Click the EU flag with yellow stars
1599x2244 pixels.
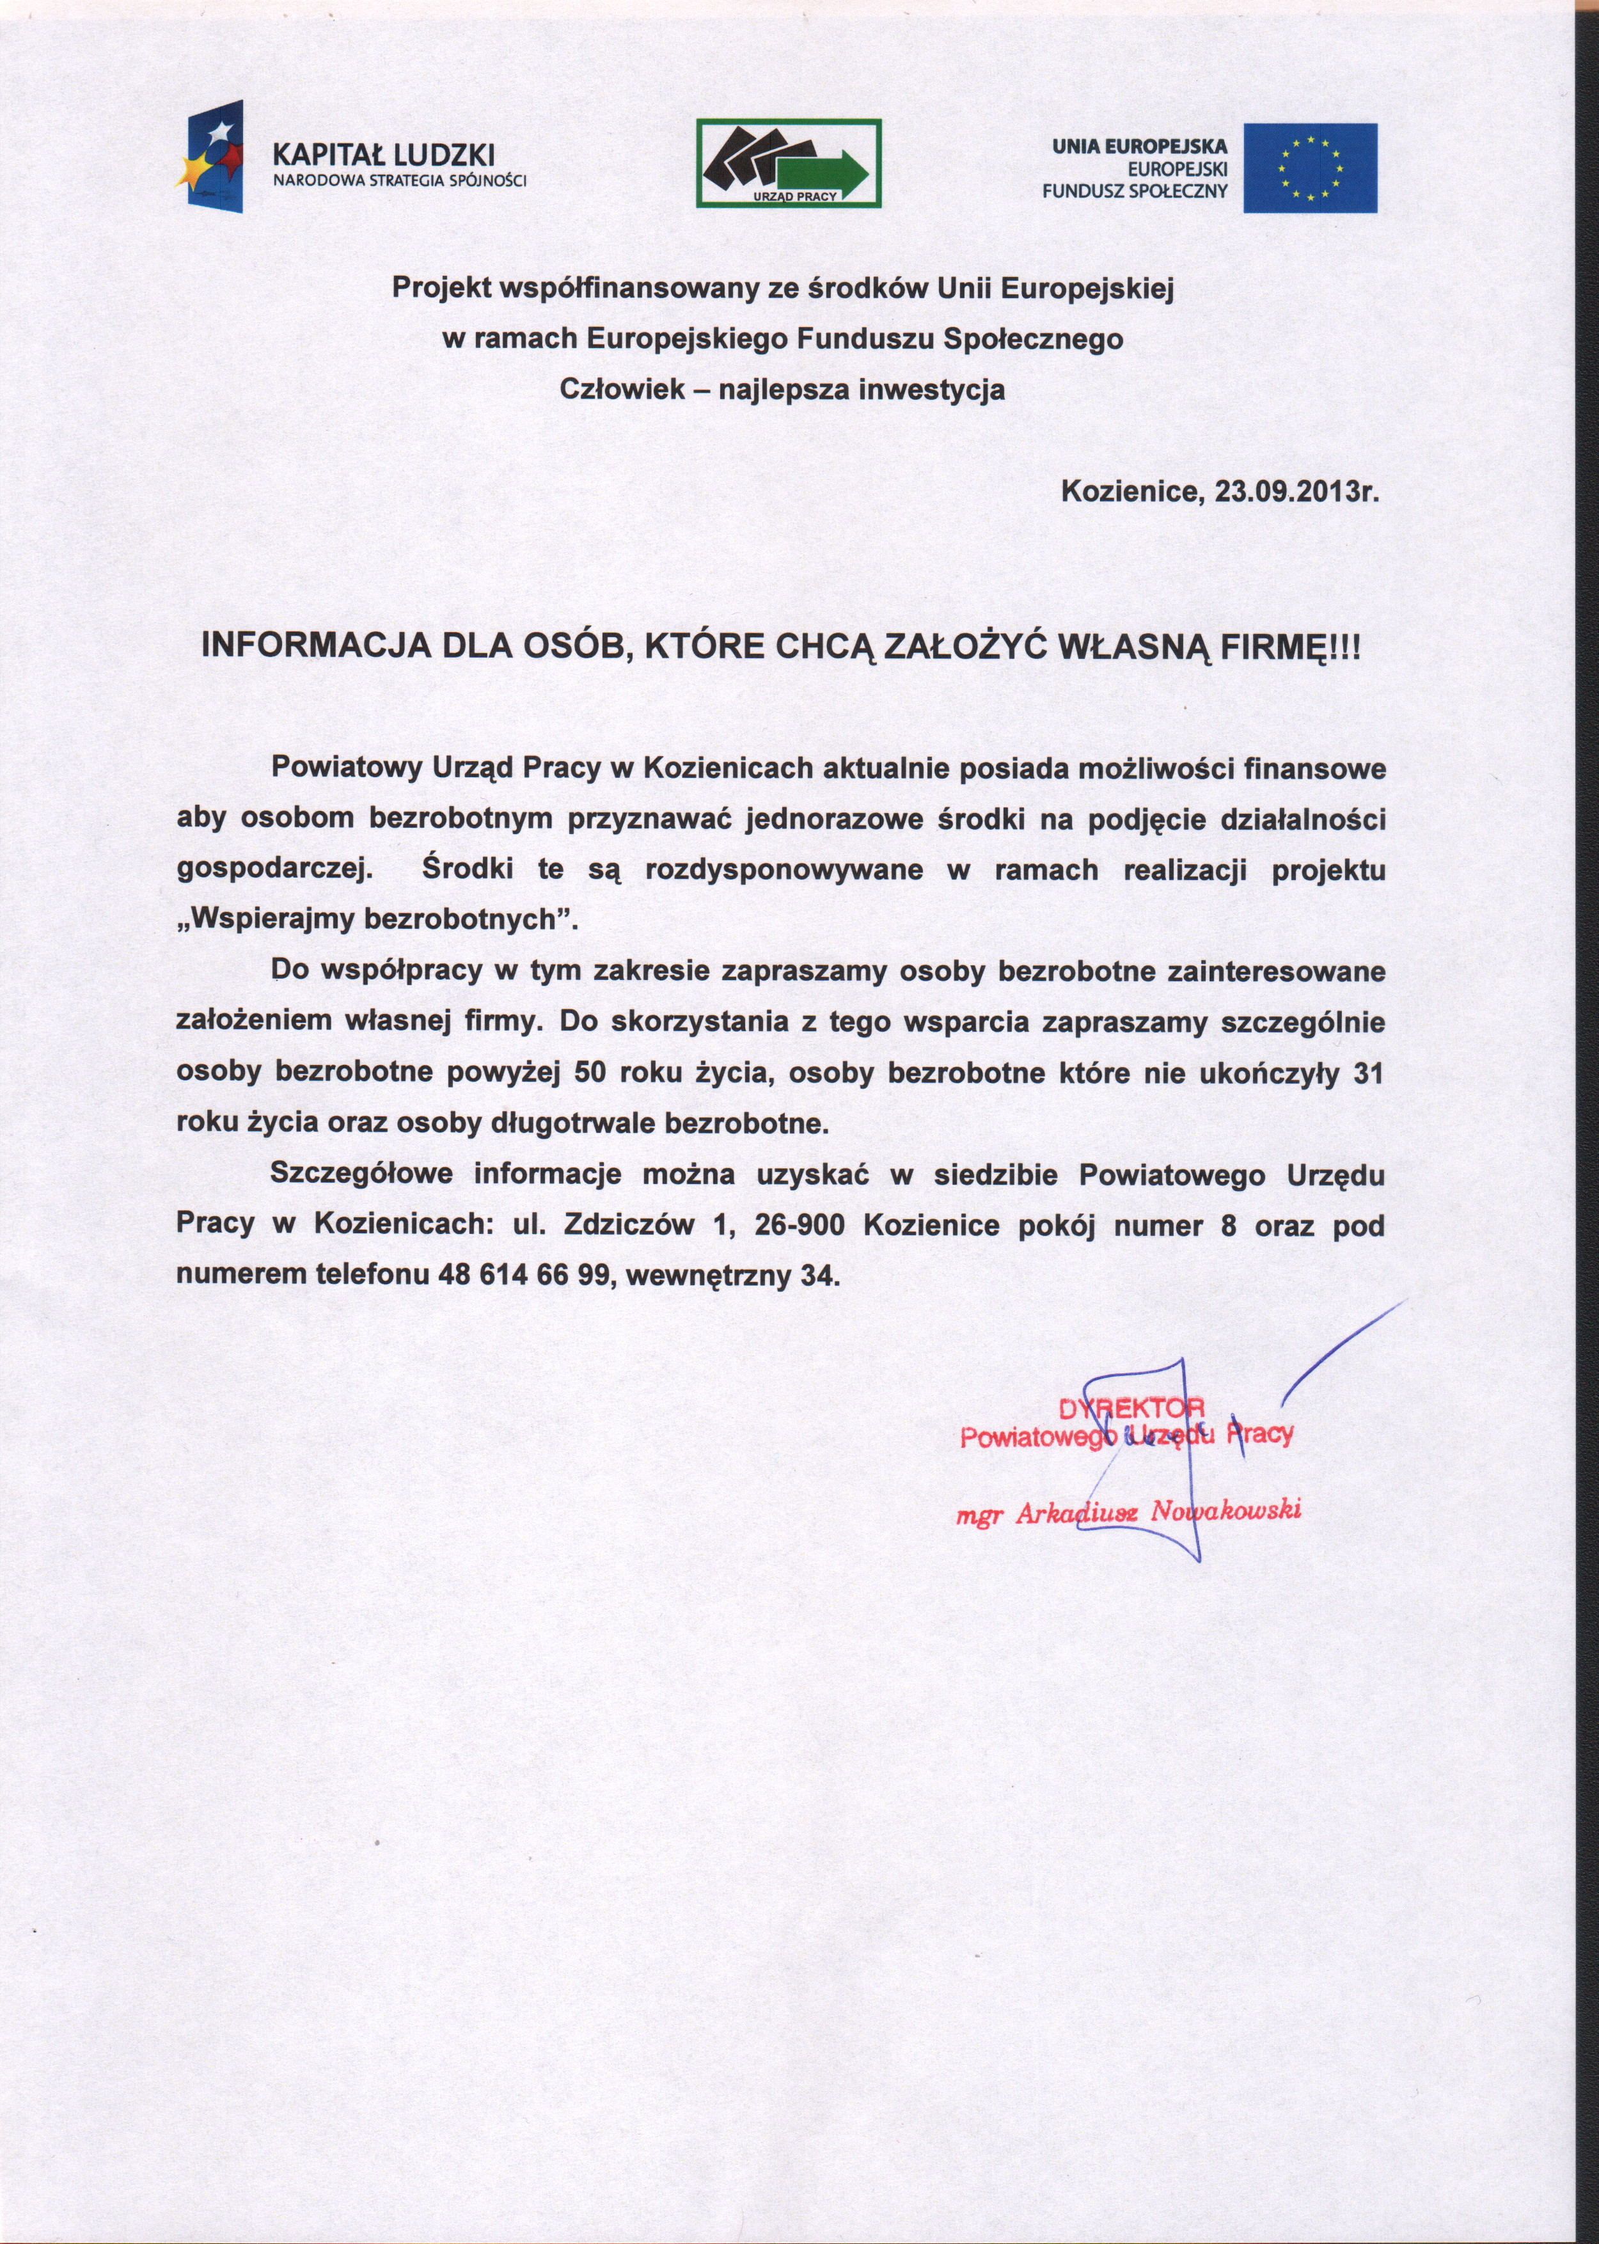pos(1309,168)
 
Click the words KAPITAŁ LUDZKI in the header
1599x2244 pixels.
pos(383,155)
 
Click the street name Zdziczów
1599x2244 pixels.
pos(623,1226)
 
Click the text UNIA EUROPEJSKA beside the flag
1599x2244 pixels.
pos(1139,146)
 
